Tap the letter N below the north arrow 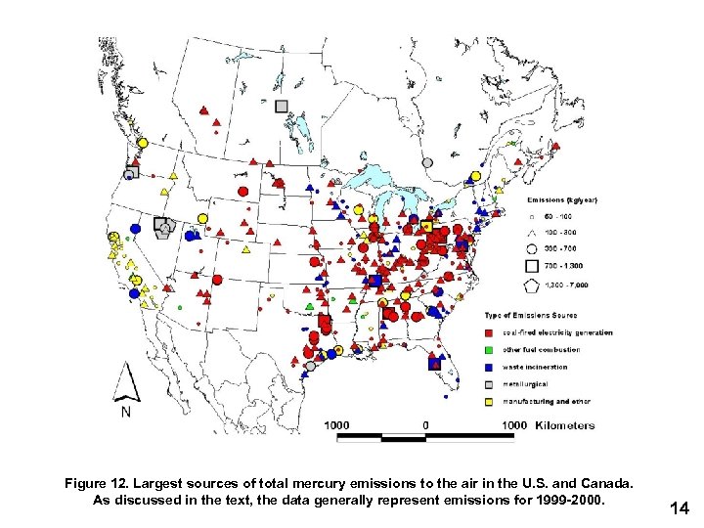126,413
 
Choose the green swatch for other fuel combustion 492,350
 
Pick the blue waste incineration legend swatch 492,367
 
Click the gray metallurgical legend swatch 492,383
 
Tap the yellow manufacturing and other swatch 492,401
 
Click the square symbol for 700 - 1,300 531,266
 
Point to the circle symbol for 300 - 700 531,248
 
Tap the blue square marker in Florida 433,364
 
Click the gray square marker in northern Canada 282,106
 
